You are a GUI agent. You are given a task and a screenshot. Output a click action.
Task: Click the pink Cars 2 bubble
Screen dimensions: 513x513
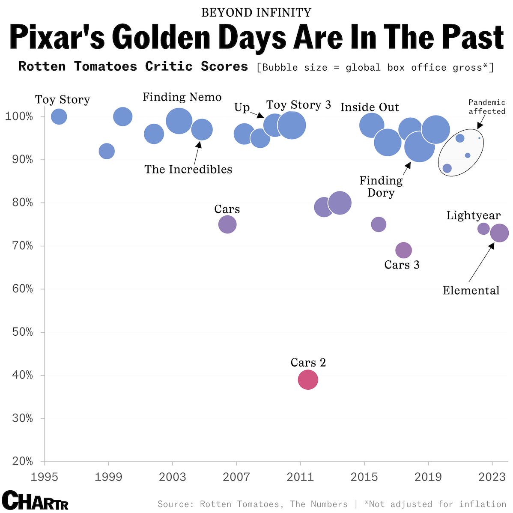(308, 379)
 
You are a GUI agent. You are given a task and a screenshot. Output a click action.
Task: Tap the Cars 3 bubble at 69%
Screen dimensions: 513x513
(403, 250)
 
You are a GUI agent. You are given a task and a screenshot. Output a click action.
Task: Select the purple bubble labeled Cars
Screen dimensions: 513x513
(227, 224)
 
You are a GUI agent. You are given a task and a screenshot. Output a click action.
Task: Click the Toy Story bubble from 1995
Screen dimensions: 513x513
(59, 116)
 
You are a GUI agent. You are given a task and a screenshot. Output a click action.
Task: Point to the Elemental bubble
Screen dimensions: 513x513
(499, 233)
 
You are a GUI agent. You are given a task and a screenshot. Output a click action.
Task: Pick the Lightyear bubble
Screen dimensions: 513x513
(483, 229)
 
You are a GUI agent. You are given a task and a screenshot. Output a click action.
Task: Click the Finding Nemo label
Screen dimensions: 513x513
(182, 97)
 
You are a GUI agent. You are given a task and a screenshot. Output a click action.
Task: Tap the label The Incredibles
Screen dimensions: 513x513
(188, 170)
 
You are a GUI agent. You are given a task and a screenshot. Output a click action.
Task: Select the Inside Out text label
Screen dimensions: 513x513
(370, 107)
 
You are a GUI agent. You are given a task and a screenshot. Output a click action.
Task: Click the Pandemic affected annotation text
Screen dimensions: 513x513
(487, 107)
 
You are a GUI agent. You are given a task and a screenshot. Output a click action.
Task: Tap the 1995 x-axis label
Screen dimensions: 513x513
(45, 477)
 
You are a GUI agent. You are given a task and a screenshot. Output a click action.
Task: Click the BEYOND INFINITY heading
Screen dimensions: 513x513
(256, 12)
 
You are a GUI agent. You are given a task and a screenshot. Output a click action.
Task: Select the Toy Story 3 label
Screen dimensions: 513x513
(298, 105)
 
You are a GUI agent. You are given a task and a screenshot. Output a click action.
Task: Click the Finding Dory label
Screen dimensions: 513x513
(381, 187)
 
